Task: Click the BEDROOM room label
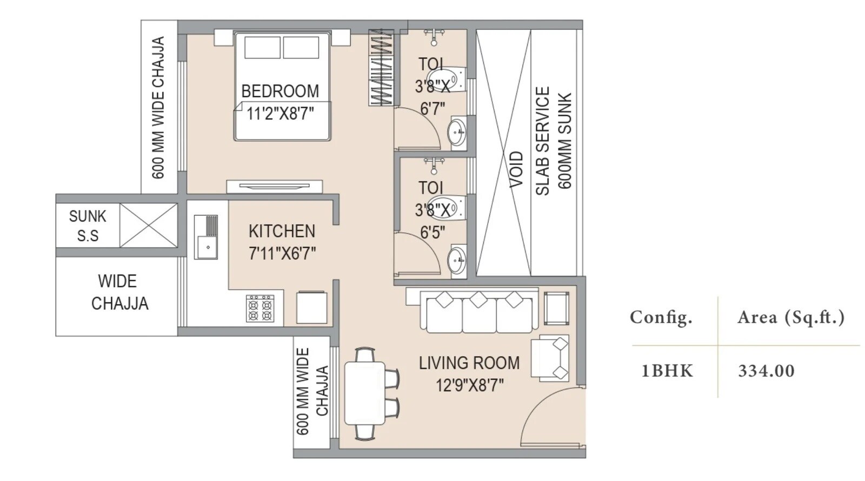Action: (280, 91)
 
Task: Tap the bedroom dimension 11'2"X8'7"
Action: (280, 114)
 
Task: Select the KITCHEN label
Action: (282, 231)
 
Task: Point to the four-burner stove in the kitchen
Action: (260, 308)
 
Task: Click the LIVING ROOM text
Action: (469, 363)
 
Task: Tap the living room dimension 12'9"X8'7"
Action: (469, 385)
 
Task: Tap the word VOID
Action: (516, 169)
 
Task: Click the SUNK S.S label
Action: (88, 226)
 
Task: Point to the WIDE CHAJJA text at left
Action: (119, 292)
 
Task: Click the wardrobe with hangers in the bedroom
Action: (381, 68)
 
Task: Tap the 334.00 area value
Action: (766, 371)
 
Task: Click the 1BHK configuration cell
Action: (667, 371)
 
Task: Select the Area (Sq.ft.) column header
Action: (790, 318)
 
